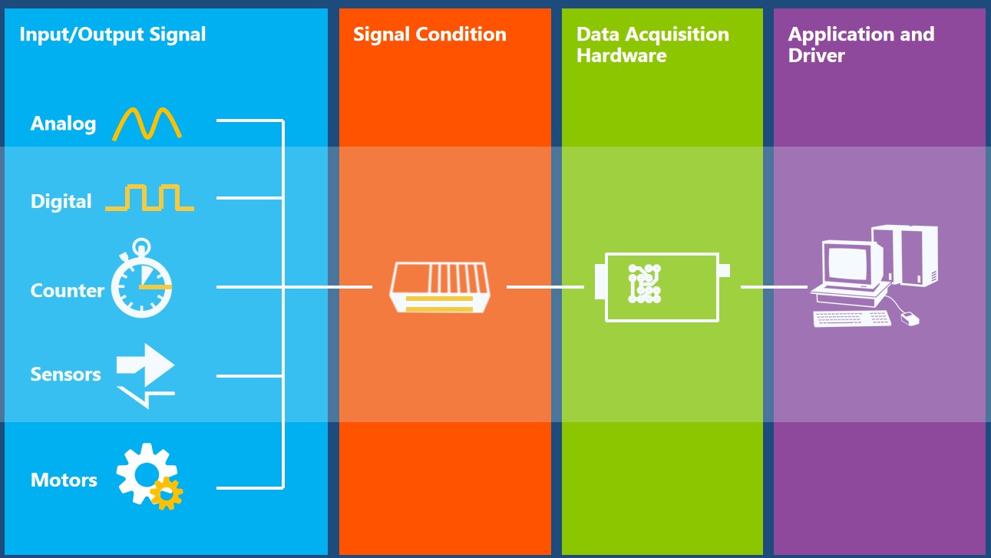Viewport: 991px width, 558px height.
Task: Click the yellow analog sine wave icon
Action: (147, 124)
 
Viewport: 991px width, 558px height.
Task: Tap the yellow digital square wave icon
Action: (150, 198)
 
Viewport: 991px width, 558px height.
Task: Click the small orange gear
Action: (167, 493)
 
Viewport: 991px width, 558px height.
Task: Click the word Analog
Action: (63, 124)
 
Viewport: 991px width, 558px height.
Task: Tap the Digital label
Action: (61, 202)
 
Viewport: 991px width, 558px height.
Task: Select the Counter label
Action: (67, 291)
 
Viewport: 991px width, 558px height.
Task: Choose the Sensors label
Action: (65, 375)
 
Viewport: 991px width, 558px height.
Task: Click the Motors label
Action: (64, 480)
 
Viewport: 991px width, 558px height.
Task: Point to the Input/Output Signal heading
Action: (112, 35)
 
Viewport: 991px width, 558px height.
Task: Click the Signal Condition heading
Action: (429, 35)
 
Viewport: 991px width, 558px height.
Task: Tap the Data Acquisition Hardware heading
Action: (652, 45)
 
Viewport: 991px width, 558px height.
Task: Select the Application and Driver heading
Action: (861, 45)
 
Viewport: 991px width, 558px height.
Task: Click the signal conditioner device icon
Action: (439, 287)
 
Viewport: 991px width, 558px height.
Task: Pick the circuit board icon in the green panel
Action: (645, 283)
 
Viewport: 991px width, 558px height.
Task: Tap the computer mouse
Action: (910, 319)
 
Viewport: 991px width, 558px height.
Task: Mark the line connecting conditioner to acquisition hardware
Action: (545, 287)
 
